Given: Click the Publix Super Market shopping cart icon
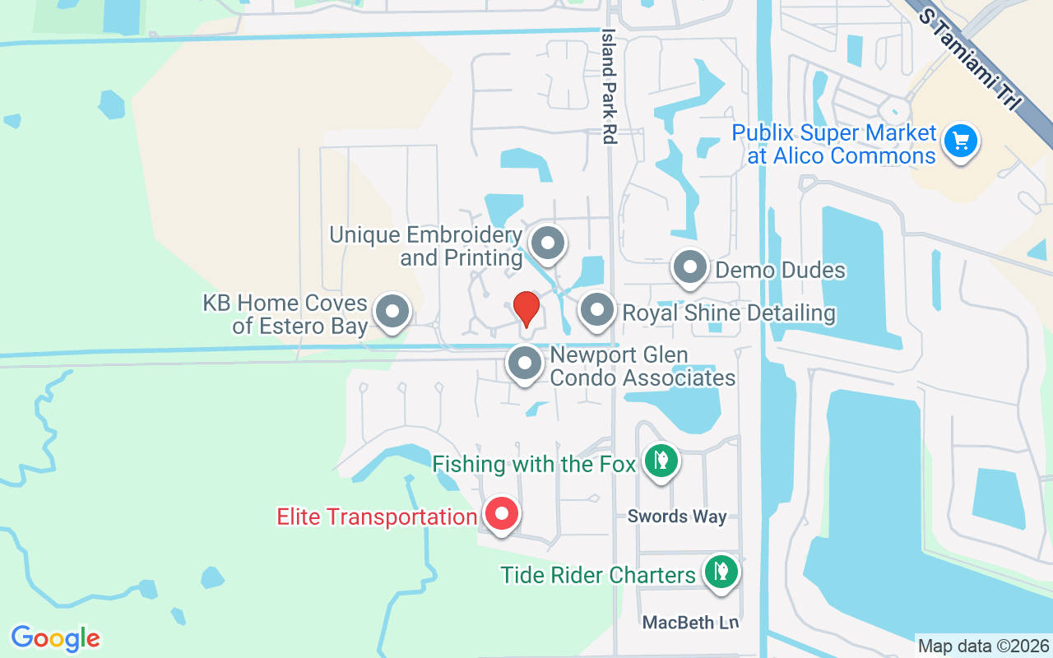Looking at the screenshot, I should click(960, 141).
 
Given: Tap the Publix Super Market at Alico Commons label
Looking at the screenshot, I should click(834, 144).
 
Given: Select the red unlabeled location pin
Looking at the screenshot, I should click(526, 309).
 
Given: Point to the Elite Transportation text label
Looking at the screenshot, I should click(377, 517).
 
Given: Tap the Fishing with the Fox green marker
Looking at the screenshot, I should click(661, 461).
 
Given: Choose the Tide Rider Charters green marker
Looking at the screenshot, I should click(721, 571).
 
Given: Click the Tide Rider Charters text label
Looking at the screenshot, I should click(598, 574).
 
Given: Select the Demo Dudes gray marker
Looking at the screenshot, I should click(690, 267).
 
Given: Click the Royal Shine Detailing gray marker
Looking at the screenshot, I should click(597, 311).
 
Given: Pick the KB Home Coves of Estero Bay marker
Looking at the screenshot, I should click(392, 312).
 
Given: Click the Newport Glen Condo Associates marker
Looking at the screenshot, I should click(524, 363).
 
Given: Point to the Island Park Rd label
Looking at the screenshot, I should click(609, 87).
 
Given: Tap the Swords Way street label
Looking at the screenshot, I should click(677, 517).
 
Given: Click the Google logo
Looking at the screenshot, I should click(55, 638).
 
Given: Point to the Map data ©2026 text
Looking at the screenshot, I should click(983, 646).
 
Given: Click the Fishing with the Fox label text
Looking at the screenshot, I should click(534, 464).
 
